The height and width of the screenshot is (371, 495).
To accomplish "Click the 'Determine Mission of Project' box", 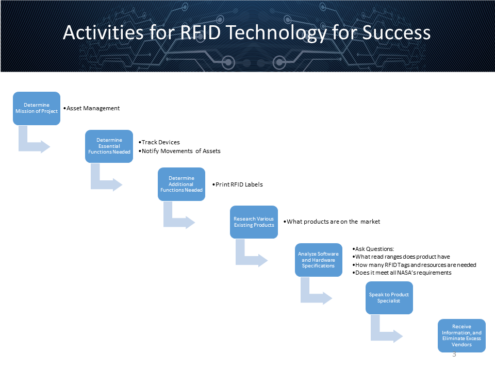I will pyautogui.click(x=36, y=108).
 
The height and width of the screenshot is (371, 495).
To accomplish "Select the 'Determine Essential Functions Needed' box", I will pyautogui.click(x=109, y=146).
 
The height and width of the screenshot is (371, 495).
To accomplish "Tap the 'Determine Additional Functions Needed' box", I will pyautogui.click(x=181, y=184).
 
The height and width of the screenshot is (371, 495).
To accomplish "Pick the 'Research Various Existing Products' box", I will pyautogui.click(x=254, y=222).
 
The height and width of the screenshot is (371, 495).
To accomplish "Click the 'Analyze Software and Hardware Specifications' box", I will pyautogui.click(x=318, y=260).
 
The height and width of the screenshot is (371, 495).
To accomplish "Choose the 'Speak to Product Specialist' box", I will pyautogui.click(x=389, y=298).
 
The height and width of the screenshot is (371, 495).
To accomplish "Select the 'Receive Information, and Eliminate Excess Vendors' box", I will pyautogui.click(x=461, y=335).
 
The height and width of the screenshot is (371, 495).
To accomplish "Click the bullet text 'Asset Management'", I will pyautogui.click(x=93, y=108).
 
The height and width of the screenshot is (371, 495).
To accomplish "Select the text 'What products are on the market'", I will pyautogui.click(x=333, y=222).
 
